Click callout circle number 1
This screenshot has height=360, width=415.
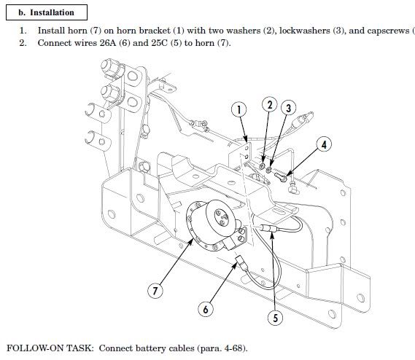coord(238,110)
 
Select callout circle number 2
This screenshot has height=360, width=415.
coord(269,105)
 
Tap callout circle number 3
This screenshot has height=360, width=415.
coord(289,108)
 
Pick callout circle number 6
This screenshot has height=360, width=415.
coord(206,309)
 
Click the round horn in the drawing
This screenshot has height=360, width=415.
coord(216,223)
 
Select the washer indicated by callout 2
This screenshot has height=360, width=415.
coord(263,168)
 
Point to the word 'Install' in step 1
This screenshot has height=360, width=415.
coord(51,31)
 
